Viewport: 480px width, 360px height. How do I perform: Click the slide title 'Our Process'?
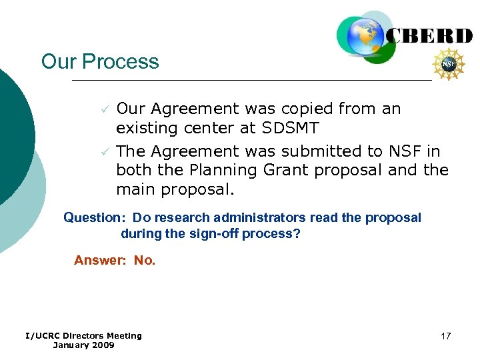[x=100, y=61]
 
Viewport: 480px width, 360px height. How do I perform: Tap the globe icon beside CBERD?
[x=365, y=37]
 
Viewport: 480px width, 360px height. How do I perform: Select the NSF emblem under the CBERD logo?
[x=449, y=65]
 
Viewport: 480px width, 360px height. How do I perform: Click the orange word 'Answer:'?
[x=101, y=260]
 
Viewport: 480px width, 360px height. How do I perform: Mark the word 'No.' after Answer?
[x=145, y=260]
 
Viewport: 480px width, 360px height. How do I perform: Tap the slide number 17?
[x=446, y=336]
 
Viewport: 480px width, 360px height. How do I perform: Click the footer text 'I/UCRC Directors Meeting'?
[x=83, y=335]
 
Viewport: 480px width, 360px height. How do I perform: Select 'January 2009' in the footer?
[x=83, y=345]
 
